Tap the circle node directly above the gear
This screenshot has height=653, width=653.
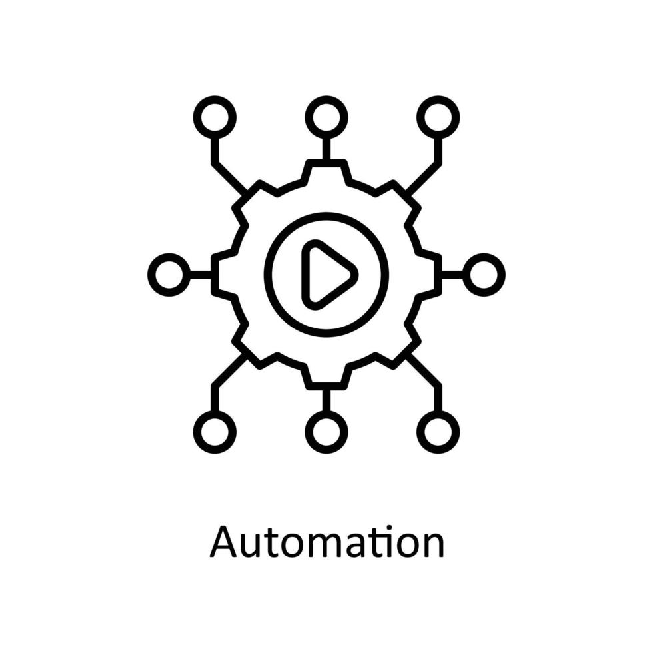(x=326, y=117)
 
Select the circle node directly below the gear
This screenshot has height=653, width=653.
(x=326, y=432)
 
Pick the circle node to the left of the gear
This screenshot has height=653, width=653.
(x=169, y=275)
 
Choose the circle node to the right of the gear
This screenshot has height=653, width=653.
(x=484, y=275)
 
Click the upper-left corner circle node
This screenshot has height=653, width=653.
(x=215, y=117)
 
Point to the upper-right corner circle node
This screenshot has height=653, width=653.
(x=438, y=117)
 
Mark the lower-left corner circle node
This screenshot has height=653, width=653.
(x=215, y=432)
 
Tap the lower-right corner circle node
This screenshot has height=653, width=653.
(x=438, y=432)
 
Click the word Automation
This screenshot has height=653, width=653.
(x=326, y=542)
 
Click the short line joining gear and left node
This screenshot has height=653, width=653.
(x=201, y=275)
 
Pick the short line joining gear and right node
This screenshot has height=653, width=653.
(x=452, y=275)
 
